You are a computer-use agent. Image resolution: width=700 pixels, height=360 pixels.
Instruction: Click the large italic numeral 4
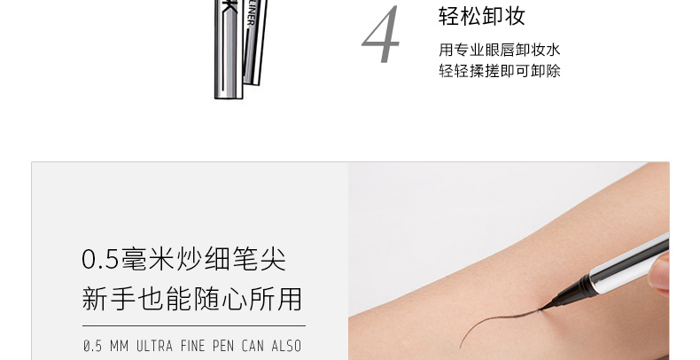(x=380, y=35)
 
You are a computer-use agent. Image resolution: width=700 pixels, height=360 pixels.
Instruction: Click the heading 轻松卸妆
(x=482, y=17)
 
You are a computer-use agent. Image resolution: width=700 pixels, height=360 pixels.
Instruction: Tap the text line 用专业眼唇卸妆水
(x=499, y=50)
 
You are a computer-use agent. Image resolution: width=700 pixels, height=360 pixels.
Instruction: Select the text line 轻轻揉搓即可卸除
(x=499, y=71)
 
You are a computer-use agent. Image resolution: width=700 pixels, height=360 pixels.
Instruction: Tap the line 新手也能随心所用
(x=192, y=299)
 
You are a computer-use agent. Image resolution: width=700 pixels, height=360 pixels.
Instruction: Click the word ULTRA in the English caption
(x=154, y=346)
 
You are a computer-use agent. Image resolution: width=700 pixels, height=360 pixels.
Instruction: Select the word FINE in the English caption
(x=192, y=346)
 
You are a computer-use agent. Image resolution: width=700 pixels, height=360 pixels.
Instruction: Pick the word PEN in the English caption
(x=223, y=346)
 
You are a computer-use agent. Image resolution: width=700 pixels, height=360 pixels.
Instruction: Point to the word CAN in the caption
(x=253, y=346)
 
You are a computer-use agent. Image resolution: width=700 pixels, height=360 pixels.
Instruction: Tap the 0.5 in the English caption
(x=92, y=346)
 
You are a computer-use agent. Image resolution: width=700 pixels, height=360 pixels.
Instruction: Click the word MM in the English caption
(x=120, y=346)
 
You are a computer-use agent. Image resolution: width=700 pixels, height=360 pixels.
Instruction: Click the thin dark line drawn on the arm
(x=494, y=321)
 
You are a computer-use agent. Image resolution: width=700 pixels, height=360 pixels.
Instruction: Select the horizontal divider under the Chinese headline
(x=194, y=326)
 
